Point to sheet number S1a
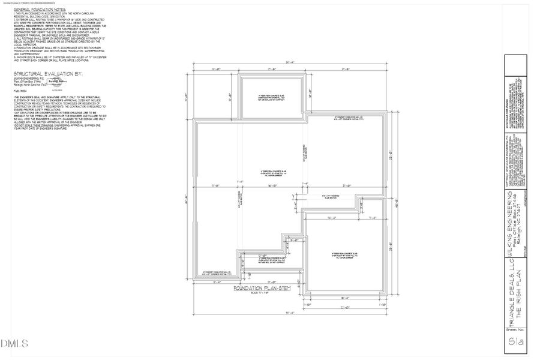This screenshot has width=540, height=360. point(512,343)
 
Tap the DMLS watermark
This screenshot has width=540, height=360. point(15,344)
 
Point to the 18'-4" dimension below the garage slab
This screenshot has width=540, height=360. point(345,298)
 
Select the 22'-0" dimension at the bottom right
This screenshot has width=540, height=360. point(345,308)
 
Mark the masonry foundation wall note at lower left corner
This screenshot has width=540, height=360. point(217,272)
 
